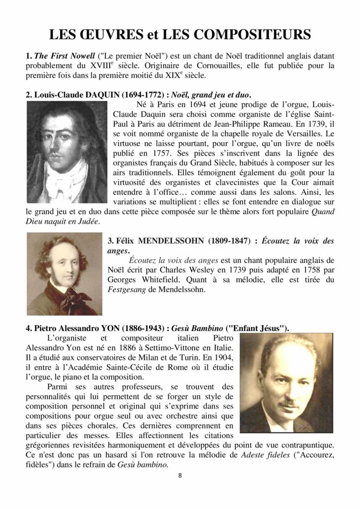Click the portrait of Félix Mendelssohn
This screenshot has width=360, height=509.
(65, 274)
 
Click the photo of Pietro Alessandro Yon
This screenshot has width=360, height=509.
(286, 383)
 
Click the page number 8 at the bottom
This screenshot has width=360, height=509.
(180, 475)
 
